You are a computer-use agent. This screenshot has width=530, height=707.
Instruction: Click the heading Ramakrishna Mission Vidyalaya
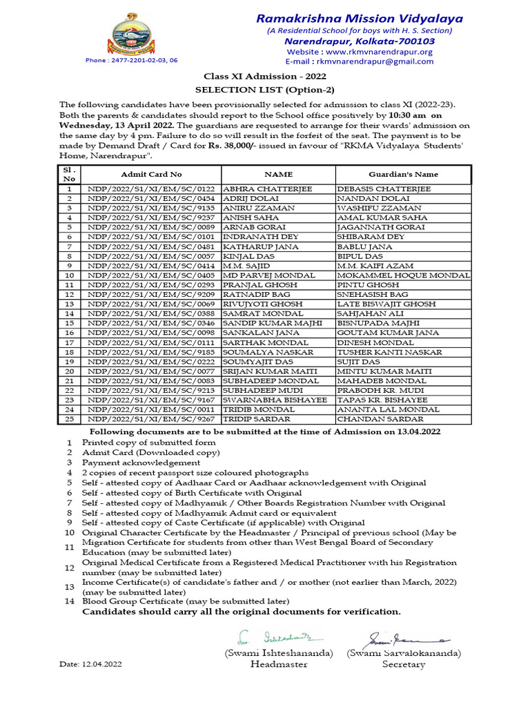(360, 19)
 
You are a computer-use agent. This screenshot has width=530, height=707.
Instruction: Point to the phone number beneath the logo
(131, 61)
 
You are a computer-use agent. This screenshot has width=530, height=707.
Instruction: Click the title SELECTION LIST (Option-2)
(265, 89)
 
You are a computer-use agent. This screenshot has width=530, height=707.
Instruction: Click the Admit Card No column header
(151, 175)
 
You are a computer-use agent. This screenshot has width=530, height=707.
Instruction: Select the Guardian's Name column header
(403, 175)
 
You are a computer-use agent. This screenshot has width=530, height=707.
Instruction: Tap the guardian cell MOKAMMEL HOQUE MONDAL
(403, 275)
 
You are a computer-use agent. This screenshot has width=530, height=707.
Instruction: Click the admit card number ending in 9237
(151, 217)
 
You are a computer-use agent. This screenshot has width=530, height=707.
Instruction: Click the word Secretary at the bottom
(404, 664)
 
